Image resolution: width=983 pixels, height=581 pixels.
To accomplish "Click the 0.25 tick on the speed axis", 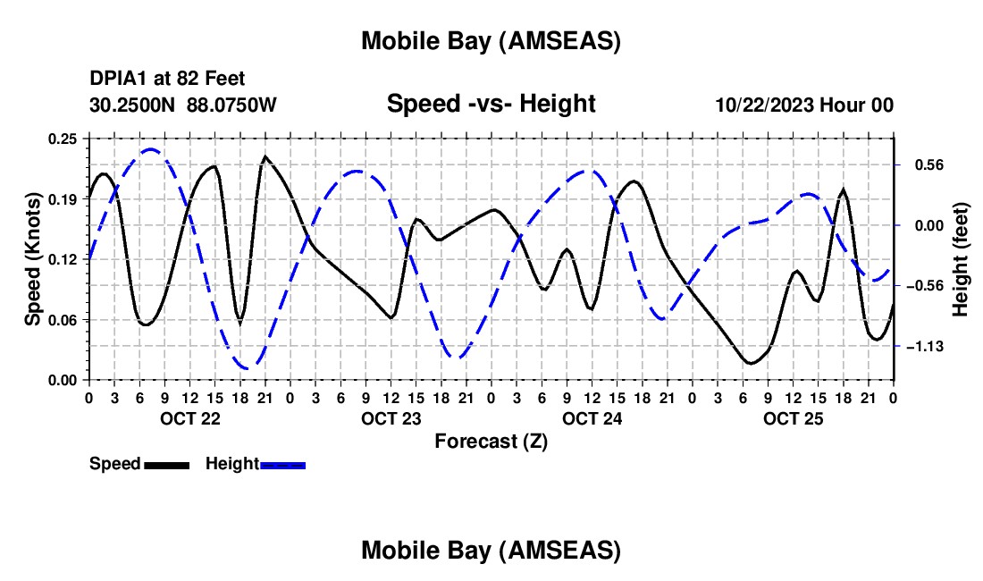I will coord(64,139).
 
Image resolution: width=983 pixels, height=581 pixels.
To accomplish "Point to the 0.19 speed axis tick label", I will coord(64,199).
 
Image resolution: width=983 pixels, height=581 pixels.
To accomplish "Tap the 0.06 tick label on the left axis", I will coord(64,320).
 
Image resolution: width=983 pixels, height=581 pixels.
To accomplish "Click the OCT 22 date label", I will coord(189,418).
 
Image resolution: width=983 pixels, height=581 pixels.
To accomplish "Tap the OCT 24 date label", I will coord(592,418).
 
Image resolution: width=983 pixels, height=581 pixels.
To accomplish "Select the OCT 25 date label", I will coord(794,418).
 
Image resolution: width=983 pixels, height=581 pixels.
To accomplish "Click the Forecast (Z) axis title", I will coord(490,441).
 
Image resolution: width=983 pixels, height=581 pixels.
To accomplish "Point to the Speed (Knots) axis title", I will coord(33,259).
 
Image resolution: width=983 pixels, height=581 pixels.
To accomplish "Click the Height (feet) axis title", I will coord(961,259).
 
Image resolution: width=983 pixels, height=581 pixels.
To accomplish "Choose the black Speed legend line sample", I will coord(166,465).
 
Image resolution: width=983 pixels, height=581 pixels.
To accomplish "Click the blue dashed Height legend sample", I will coord(283,465).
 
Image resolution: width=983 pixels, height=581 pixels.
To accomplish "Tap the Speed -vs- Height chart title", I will coord(491,104).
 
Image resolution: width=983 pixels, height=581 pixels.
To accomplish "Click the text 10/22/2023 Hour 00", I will coord(804,105).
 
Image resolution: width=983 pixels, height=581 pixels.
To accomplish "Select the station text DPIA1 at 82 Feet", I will coord(167,80).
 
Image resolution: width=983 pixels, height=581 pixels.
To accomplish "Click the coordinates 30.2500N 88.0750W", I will coord(183,105).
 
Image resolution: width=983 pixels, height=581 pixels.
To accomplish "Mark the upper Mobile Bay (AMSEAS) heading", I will coord(491,41).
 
